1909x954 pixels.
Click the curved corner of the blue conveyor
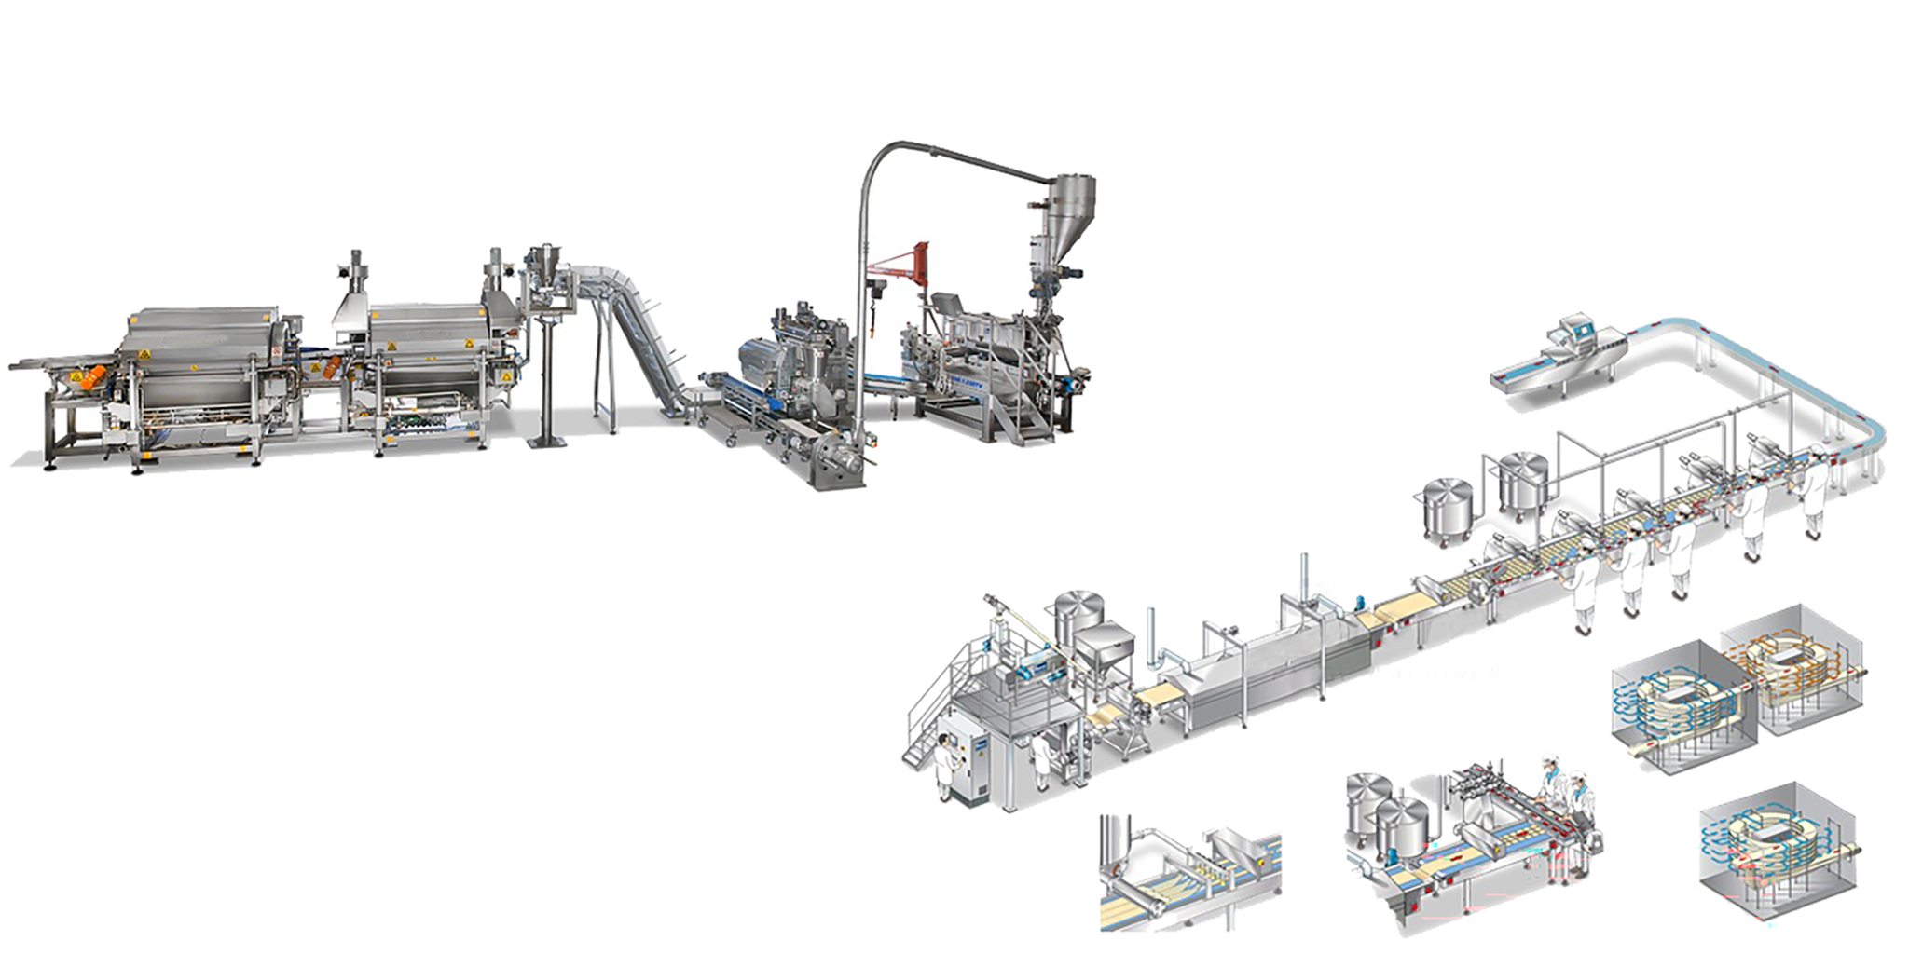coord(1855,429)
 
